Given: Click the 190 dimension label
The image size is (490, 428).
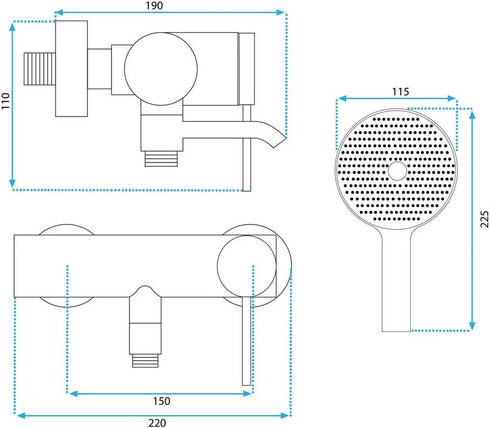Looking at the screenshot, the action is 154,5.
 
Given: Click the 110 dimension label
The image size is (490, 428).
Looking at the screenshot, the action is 5,101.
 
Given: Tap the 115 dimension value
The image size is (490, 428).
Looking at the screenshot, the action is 400,92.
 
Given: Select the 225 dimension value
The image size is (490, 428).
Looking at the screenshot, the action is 484,219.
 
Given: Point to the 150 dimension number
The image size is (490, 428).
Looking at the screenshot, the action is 161,401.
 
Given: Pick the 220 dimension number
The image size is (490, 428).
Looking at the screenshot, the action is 157,423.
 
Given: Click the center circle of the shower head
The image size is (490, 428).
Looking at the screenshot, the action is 398,171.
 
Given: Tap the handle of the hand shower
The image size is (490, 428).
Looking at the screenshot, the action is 396,281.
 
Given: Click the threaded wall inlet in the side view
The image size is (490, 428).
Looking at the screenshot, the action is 40,69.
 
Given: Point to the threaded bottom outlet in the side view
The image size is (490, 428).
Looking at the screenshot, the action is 161,159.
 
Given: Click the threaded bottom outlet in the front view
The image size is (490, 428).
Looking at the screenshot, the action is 145,361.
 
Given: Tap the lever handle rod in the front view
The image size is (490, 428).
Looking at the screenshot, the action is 247,341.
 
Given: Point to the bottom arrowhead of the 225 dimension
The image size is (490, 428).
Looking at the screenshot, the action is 472,326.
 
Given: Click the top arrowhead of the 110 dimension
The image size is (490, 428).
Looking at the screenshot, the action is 12,26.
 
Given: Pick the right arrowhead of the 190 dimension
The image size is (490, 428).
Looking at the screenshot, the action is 280,12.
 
